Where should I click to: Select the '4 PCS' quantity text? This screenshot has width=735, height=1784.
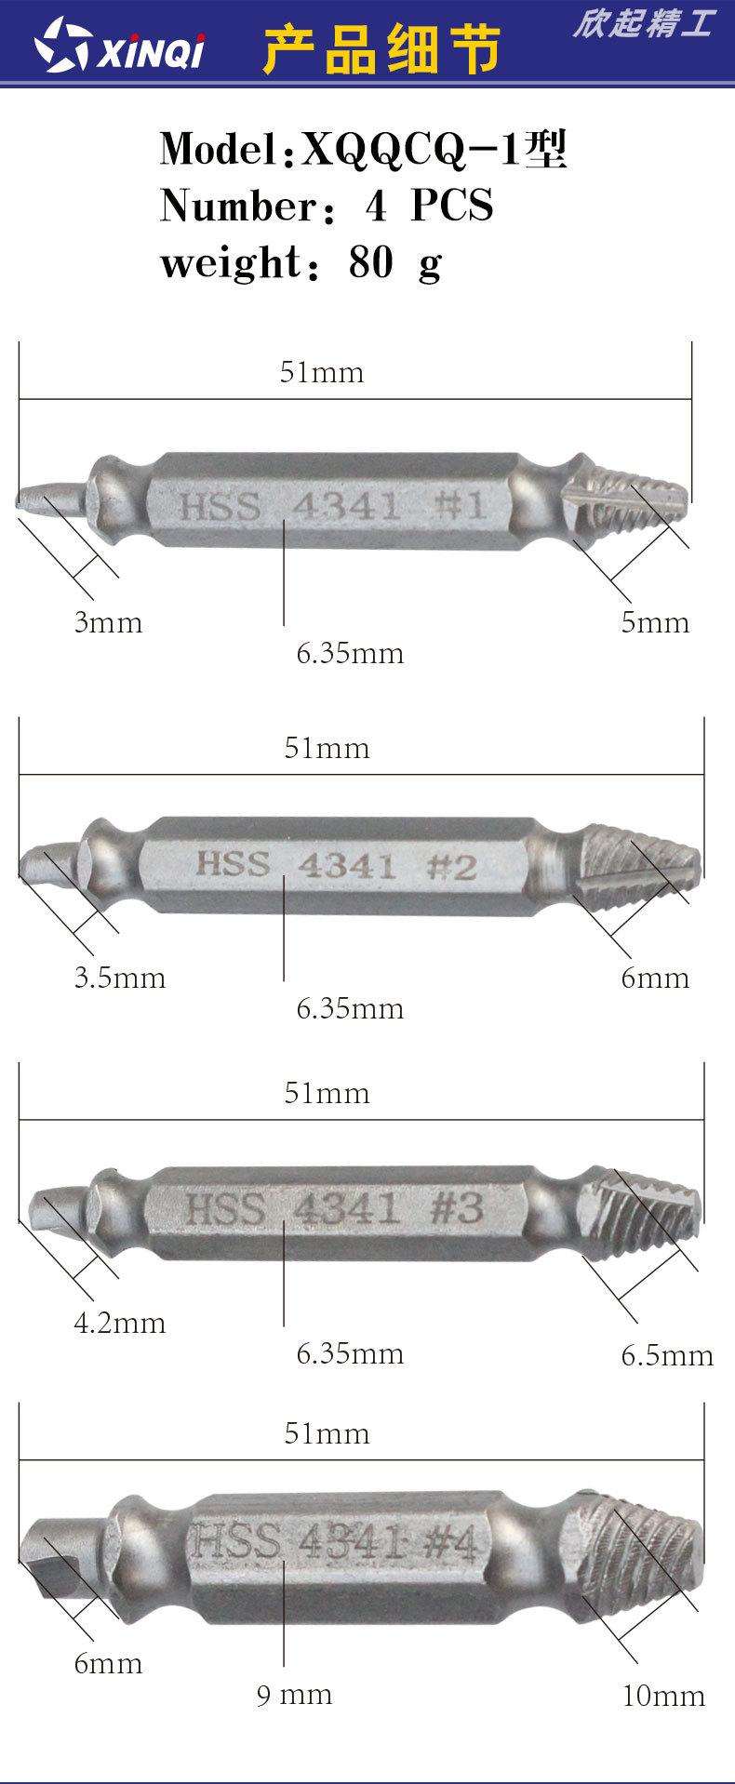tap(429, 206)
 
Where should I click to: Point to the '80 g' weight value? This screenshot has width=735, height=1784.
tap(394, 263)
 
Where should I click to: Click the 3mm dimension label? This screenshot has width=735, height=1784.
tap(109, 622)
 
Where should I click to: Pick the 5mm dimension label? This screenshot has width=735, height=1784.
tap(656, 622)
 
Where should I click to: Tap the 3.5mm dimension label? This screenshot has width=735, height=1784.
tap(120, 978)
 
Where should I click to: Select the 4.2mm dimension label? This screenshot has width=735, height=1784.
tap(120, 1323)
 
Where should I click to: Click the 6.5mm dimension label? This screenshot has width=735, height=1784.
tap(667, 1355)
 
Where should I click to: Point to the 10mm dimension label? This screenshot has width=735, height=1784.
tap(663, 1696)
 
